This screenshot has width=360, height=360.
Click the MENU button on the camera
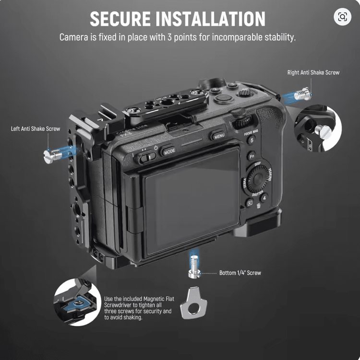219,136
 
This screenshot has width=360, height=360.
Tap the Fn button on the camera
251,155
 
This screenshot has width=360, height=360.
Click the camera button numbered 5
252,140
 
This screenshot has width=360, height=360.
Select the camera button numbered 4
263,197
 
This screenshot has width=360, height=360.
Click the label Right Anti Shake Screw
313,72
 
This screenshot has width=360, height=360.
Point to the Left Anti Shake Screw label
36,128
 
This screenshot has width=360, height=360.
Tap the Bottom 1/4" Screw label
240,273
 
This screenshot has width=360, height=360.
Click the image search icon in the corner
342,17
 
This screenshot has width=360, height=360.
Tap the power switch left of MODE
147,157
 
